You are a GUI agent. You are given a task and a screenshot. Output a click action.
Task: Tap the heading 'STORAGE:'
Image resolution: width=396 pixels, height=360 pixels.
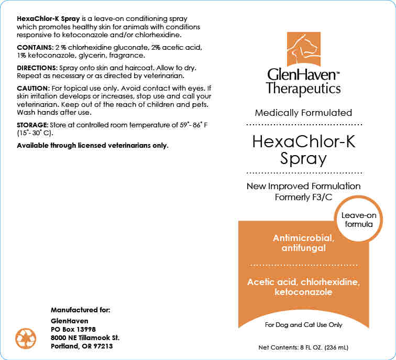point(32,125)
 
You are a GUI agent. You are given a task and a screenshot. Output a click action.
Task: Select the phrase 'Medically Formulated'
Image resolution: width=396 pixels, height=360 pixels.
point(303,113)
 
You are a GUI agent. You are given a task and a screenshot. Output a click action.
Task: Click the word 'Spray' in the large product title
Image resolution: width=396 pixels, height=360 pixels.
point(303,158)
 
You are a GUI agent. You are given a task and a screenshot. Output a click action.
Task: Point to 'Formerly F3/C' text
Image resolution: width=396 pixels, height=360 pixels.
point(303,197)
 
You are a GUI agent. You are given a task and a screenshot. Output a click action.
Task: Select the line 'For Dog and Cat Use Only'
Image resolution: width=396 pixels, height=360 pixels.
point(303,325)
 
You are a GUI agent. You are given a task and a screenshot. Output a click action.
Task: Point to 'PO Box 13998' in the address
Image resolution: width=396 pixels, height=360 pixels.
point(74,329)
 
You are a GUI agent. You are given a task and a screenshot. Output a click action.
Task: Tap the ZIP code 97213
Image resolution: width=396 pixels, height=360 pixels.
point(102,346)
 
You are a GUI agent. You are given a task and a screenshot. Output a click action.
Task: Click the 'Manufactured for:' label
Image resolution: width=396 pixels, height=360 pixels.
point(80,310)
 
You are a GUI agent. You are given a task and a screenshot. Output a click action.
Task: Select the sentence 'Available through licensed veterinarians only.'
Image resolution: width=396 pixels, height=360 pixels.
point(93,145)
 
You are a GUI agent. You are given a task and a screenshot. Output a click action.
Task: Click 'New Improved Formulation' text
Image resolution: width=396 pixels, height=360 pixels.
point(303,186)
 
